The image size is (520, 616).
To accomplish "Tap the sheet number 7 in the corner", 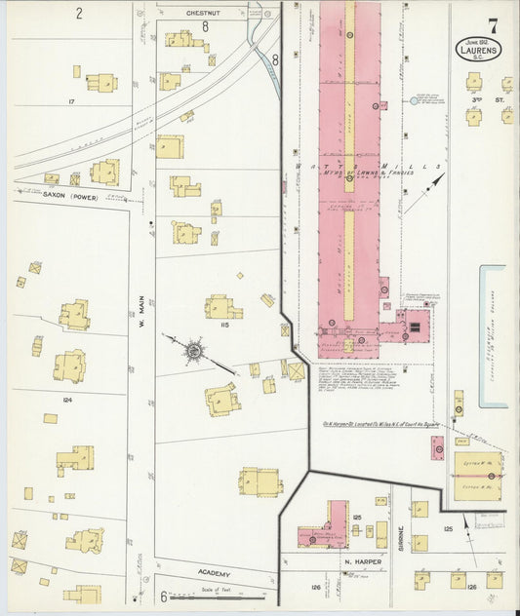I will [x=495, y=24].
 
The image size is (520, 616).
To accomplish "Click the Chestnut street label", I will [x=204, y=14].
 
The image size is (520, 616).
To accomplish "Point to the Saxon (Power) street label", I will [x=71, y=196].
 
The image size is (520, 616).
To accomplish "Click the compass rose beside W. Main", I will [x=193, y=349].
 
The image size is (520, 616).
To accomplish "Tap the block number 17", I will [x=71, y=100].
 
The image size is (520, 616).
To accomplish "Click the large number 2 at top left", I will [x=79, y=14].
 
